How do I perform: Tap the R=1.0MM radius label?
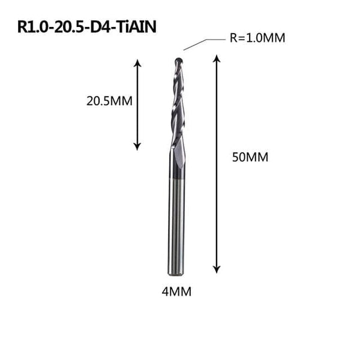[x=257, y=38]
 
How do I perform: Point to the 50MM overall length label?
[x=250, y=157]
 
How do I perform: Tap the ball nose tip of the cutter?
[x=179, y=60]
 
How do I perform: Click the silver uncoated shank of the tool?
[x=179, y=228]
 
